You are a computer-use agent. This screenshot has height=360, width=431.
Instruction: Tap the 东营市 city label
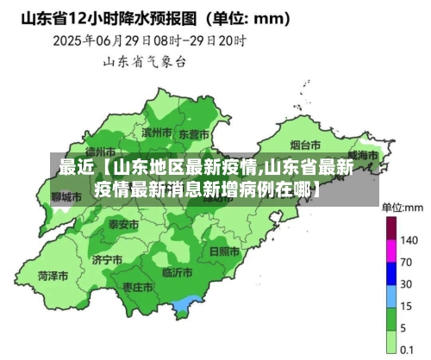(194, 134)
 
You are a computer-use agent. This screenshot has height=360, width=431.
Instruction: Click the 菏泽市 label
(53, 276)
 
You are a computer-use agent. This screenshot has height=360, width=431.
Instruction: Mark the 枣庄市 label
(138, 287)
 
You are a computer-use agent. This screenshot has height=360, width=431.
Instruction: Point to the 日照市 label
(224, 251)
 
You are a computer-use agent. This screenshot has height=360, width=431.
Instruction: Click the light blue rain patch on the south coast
(184, 305)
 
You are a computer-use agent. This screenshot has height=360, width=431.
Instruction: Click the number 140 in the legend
(409, 239)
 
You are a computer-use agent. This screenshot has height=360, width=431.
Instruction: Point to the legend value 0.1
(409, 349)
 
